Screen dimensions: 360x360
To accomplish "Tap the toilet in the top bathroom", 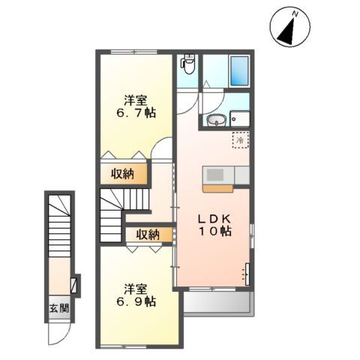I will tap(188, 67).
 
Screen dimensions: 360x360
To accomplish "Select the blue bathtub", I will tap(240, 72).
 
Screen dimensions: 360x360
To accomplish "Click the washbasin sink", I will tap(217, 121).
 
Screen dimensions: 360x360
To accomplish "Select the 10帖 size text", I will tap(214, 232).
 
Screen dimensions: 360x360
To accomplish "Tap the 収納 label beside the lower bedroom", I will tap(148, 235).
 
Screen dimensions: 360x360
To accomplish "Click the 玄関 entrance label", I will tap(58, 308).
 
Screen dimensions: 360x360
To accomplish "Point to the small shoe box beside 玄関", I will tap(73, 285).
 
